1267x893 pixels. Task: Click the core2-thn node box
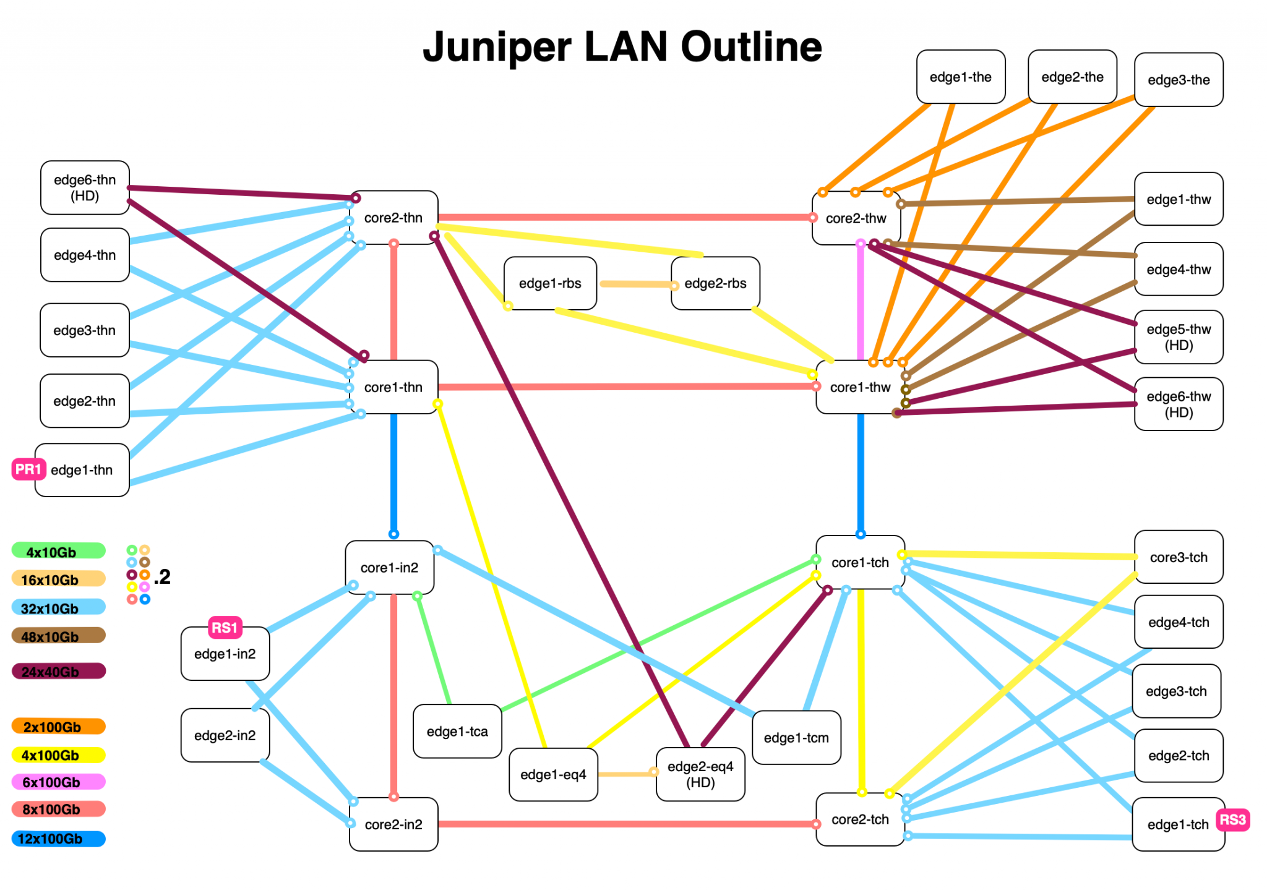coord(393,218)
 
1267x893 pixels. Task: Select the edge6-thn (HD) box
coord(85,188)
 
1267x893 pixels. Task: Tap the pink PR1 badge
coord(28,469)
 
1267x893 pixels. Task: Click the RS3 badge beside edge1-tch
coord(1232,820)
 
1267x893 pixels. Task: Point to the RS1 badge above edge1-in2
coord(225,628)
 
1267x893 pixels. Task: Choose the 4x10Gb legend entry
coord(58,552)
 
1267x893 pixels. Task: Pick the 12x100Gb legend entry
coord(58,839)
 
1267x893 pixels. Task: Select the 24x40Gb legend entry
coord(58,672)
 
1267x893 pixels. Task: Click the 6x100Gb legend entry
coord(58,782)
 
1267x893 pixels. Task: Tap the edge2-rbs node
coord(715,283)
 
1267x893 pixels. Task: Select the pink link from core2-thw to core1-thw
coord(861,303)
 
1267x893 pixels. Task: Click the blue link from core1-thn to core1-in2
coord(393,473)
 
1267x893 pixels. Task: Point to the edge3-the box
coord(1179,80)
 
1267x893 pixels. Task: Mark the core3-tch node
coord(1179,557)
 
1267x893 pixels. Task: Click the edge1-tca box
coord(457,732)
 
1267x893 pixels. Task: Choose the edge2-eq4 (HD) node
coord(700,774)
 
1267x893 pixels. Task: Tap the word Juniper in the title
coord(497,48)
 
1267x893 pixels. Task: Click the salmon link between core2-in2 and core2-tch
coord(625,824)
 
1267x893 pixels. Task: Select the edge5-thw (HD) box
coord(1179,337)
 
